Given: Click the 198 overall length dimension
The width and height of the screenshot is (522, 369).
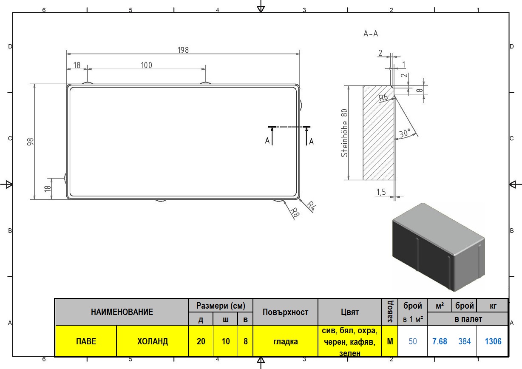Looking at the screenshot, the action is pos(183,50).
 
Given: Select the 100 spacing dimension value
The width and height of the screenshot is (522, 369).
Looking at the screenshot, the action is pos(146,65).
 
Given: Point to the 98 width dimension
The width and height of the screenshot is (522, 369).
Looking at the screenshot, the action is pos(31,142).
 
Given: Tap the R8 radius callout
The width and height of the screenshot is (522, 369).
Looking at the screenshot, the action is pos(295,213).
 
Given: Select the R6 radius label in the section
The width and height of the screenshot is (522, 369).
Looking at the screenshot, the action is pos(383,97).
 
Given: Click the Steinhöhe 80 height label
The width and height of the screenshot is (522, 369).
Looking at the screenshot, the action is pos(344,133).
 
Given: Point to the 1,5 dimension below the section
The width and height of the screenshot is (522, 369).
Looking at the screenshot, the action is pos(381,192).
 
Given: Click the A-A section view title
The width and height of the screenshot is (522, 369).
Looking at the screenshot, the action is pos(371,34).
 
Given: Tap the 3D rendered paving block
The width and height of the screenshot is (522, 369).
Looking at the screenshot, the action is pos(438,247).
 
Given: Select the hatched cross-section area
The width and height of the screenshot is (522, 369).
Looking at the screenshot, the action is pos(379,133).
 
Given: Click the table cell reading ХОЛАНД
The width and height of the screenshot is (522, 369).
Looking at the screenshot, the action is pos(153,341).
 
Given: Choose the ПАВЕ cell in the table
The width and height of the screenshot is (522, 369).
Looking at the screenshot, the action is pos(86,341).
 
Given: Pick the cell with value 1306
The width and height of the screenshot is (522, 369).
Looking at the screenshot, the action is pos(493,341).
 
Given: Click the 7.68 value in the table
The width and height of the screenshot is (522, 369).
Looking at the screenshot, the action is pos(440,341).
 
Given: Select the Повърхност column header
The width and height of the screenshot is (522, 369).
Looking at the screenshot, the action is pos(285,312).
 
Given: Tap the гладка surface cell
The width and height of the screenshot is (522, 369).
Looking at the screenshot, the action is pos(285,341).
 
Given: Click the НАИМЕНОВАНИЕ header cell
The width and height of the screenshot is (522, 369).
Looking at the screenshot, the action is pos(122,312).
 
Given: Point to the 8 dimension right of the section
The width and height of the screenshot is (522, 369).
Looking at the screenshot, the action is pos(420,90).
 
